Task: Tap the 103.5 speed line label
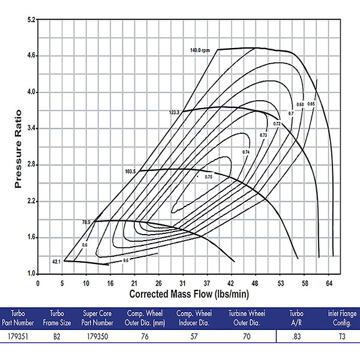(x=131, y=172)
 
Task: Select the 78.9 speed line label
(x=86, y=222)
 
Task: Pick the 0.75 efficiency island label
(x=208, y=177)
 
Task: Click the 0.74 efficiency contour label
(x=245, y=152)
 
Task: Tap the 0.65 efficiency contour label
(x=311, y=104)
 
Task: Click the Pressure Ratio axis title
(x=19, y=148)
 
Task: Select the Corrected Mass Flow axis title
(x=189, y=295)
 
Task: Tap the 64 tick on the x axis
(x=329, y=283)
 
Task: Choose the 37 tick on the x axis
(x=207, y=283)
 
